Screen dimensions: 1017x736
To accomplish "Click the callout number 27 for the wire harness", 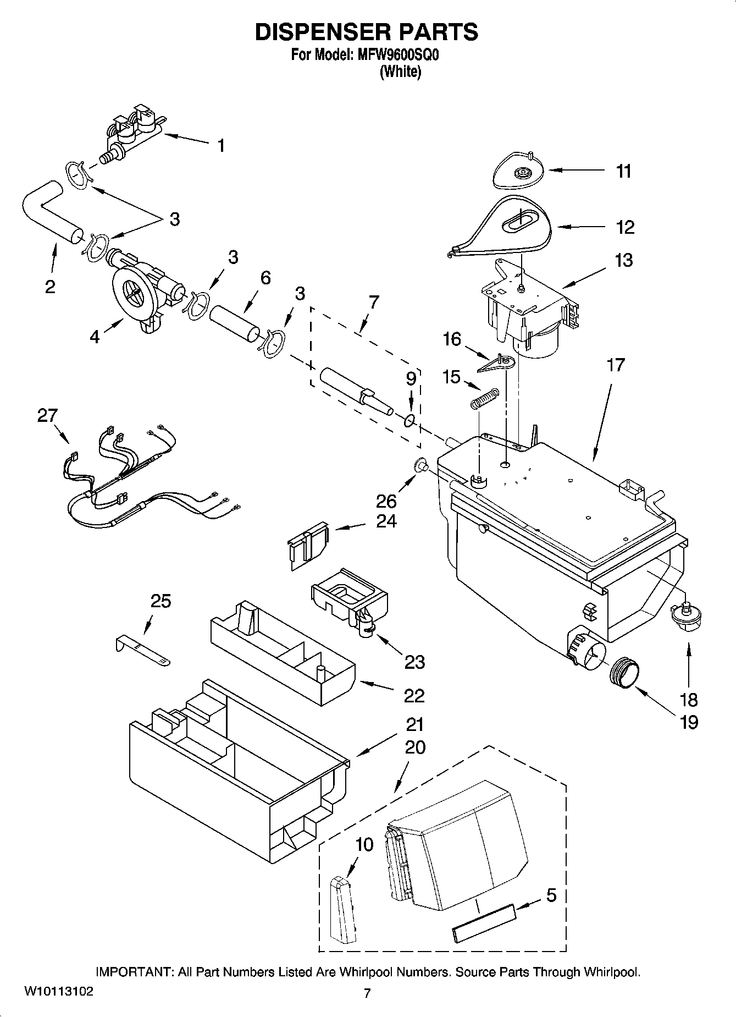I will (x=47, y=416).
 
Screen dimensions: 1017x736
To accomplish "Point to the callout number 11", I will (x=623, y=172).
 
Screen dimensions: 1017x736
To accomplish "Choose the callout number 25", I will (x=161, y=601).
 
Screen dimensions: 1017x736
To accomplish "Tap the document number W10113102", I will (x=59, y=992).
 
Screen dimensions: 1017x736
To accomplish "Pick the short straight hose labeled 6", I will (x=234, y=320).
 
